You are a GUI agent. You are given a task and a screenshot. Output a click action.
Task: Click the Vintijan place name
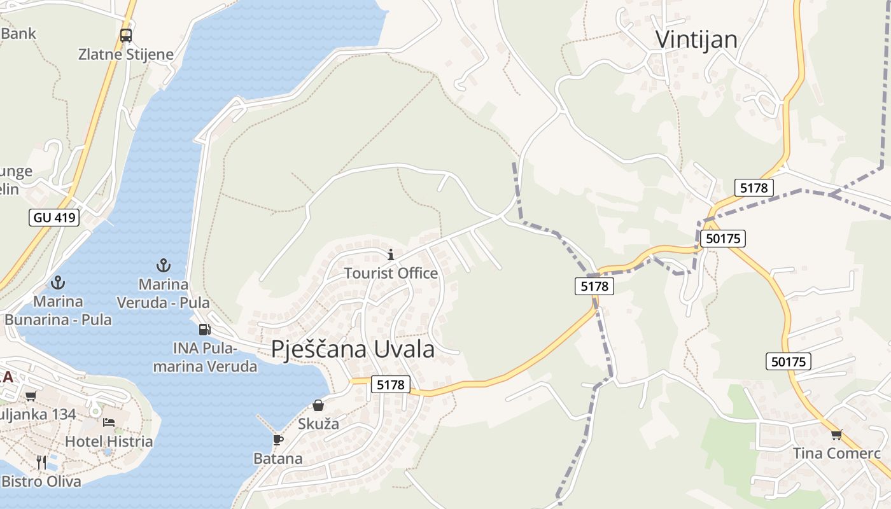pos(696,39)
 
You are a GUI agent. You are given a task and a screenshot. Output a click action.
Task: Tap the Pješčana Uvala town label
pos(353,349)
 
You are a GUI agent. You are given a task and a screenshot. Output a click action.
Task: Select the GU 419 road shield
pos(54,218)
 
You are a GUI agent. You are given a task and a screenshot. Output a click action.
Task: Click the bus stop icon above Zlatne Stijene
pos(126,36)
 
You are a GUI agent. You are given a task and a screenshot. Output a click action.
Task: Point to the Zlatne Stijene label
pos(126,54)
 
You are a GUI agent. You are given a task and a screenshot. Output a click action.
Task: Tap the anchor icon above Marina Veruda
pos(164,265)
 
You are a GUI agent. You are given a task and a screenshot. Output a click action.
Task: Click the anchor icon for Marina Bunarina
pos(58,282)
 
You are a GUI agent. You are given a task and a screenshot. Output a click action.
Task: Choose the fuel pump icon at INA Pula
pos(204,329)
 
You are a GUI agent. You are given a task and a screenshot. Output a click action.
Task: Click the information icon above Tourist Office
pos(391,255)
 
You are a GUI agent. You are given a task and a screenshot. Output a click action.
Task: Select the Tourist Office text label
pos(391,273)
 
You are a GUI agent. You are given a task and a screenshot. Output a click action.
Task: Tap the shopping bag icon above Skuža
pos(318,405)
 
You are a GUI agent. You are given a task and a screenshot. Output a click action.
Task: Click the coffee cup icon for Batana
pos(277,440)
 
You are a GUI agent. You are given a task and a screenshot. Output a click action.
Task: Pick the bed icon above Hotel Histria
pos(109,422)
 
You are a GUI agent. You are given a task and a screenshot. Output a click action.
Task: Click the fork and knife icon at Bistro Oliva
pos(41,462)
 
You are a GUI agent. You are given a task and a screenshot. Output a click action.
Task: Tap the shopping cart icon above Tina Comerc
pos(836,435)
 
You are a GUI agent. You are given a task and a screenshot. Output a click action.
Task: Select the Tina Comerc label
pos(836,453)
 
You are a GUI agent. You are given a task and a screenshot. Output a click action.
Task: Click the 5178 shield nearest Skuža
pos(390,384)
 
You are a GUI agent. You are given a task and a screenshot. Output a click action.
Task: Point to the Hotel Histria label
pos(109,441)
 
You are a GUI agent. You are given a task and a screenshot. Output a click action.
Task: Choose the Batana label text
pos(278,458)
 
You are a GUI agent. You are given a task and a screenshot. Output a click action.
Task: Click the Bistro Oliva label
pos(41,481)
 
